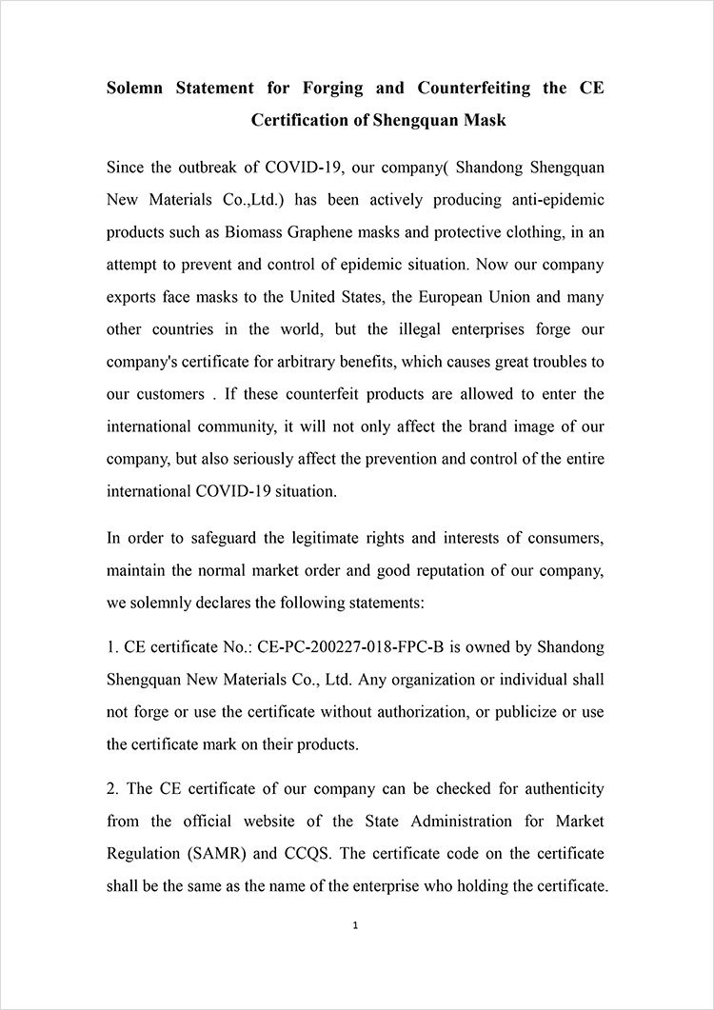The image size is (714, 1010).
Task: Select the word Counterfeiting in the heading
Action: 466,89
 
